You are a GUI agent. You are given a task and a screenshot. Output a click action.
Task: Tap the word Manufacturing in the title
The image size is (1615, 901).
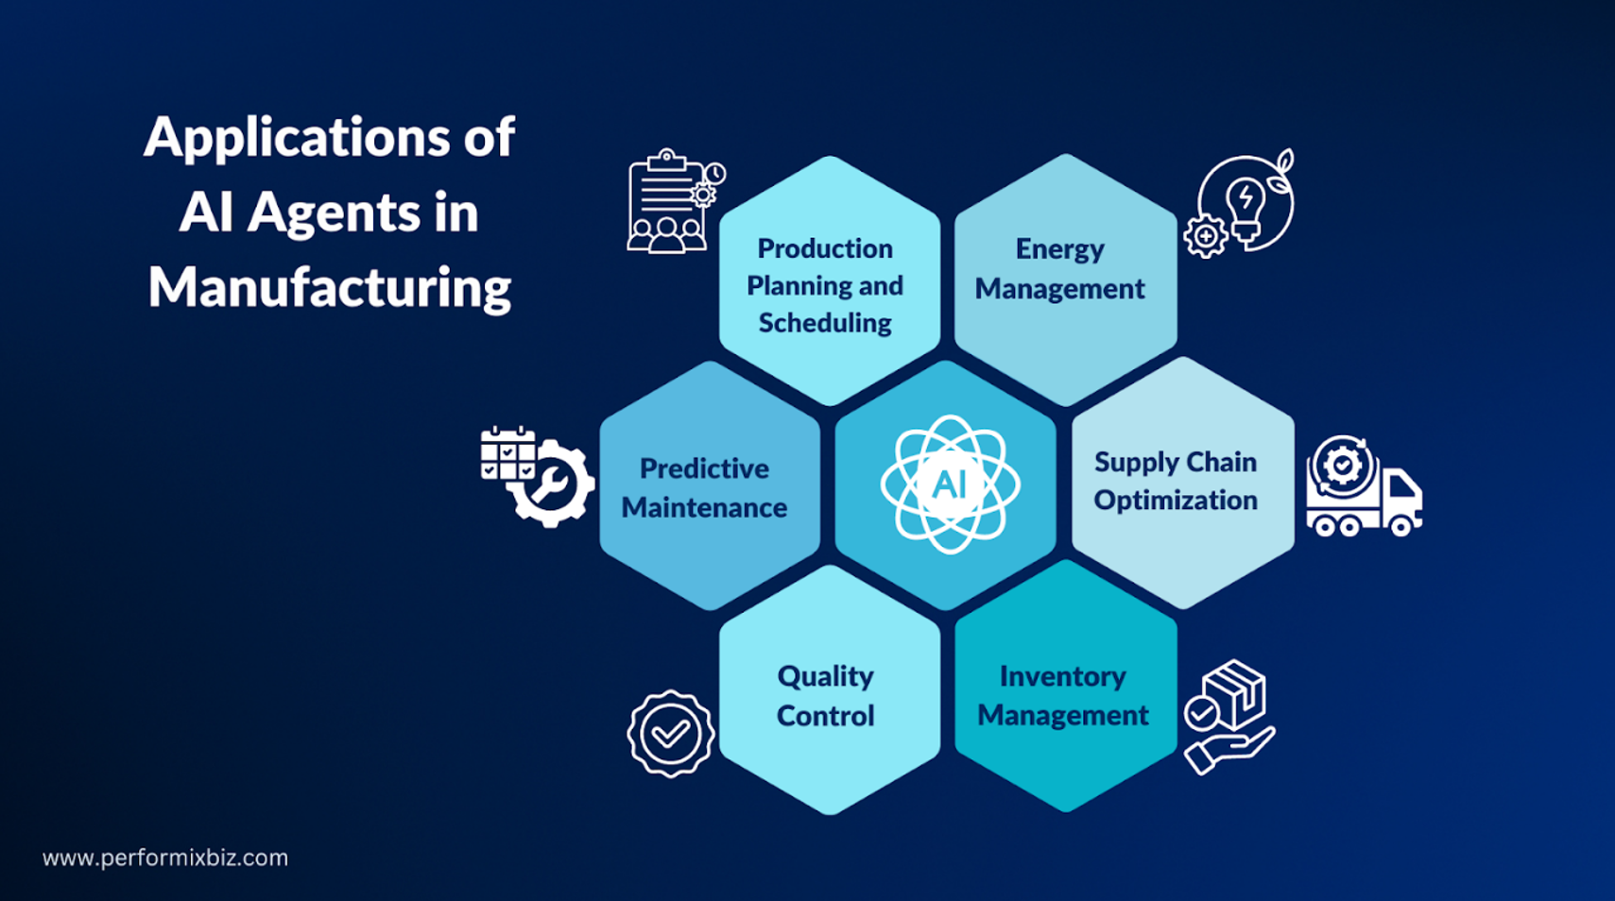pos(330,288)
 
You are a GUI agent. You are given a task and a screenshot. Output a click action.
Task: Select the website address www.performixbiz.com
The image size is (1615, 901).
pos(165,858)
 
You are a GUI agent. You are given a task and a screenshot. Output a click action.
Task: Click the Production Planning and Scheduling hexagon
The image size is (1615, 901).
pos(829,281)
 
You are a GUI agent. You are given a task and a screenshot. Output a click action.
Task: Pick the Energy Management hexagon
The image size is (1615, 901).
pos(1065,280)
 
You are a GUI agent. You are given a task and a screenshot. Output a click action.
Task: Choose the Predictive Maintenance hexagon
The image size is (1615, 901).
pos(711,485)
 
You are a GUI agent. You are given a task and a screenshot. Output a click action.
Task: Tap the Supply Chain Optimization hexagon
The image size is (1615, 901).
pos(1182,483)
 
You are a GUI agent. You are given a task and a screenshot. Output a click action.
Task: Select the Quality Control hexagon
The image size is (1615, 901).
pos(829,689)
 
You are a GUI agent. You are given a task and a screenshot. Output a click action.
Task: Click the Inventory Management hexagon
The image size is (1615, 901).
pos(1066,687)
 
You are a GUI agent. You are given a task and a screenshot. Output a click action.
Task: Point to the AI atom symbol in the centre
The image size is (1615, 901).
pos(951,484)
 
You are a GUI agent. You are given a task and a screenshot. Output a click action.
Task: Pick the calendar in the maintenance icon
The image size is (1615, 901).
pos(507,452)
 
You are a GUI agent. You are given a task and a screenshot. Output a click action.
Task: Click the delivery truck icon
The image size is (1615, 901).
pos(1364,487)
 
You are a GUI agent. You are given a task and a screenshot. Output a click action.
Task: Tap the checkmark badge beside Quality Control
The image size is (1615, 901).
pos(671,734)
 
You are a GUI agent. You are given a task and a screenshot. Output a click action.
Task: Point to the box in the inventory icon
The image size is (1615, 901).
pos(1234,694)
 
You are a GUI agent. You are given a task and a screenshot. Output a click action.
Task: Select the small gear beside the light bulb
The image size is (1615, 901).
pos(1206,236)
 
